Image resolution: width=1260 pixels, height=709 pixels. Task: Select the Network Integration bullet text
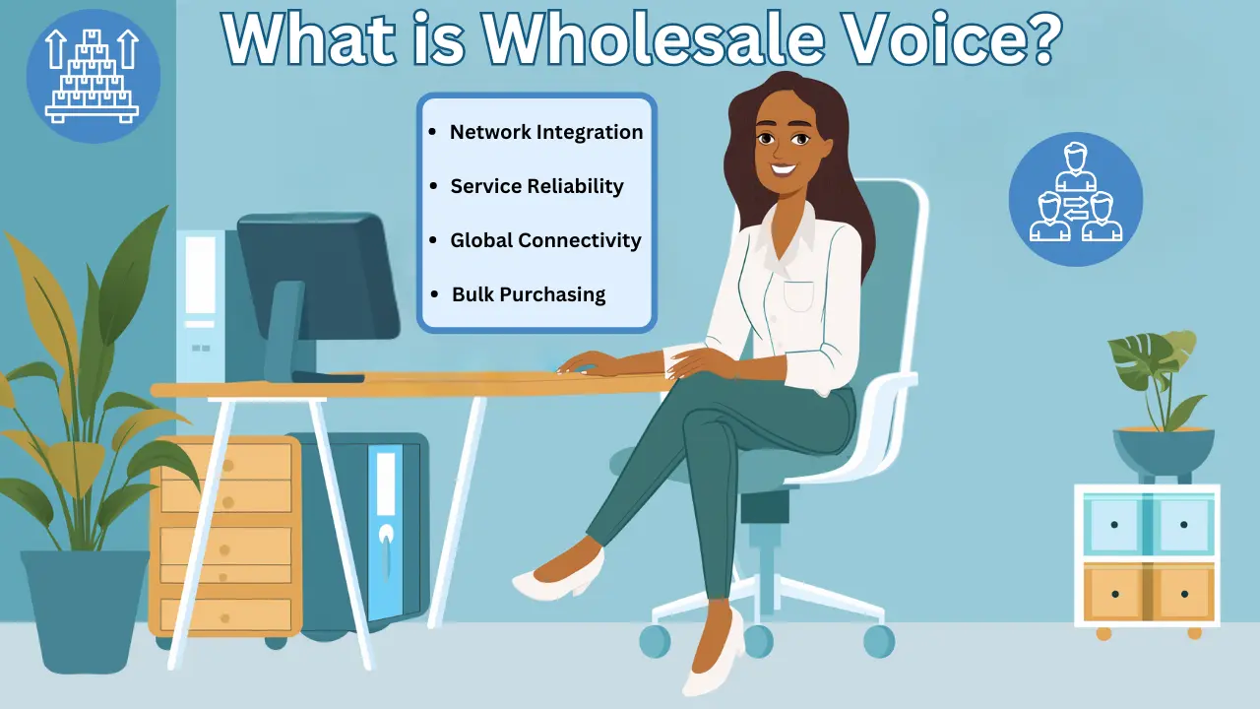click(x=546, y=132)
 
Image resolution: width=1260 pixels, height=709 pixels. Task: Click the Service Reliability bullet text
click(x=536, y=186)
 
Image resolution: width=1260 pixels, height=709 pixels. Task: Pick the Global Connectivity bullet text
click(x=545, y=240)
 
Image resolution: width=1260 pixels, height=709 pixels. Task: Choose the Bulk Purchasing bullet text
click(x=529, y=294)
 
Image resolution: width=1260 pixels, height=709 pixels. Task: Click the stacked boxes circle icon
click(x=93, y=77)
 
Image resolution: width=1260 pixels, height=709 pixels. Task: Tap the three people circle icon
click(x=1075, y=199)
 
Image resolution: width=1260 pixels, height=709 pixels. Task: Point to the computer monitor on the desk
click(x=315, y=281)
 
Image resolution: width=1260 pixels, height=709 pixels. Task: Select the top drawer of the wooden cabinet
click(x=226, y=463)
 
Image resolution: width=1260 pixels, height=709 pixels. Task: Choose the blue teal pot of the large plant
click(x=84, y=606)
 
